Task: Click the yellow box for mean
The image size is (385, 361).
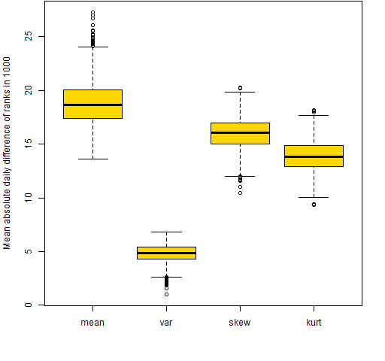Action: click(x=92, y=104)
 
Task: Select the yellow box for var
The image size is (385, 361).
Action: click(x=166, y=253)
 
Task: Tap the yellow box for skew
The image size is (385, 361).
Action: click(x=240, y=133)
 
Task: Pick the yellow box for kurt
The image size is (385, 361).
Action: click(x=314, y=156)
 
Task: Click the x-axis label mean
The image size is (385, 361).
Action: click(x=92, y=323)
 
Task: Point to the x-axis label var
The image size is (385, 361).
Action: click(x=166, y=323)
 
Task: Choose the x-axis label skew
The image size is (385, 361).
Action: click(x=240, y=323)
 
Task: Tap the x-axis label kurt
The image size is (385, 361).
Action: click(x=314, y=323)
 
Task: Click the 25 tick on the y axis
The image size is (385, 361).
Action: click(x=41, y=36)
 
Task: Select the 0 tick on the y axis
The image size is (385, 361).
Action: click(x=41, y=305)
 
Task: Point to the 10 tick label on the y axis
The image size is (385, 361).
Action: click(x=29, y=198)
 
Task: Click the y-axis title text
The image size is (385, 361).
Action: click(x=7, y=153)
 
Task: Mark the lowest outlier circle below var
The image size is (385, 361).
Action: click(x=166, y=294)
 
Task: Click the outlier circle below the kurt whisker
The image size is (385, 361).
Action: click(x=314, y=205)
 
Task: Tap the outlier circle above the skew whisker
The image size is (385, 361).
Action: click(x=240, y=88)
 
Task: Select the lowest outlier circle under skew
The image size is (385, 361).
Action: click(x=240, y=193)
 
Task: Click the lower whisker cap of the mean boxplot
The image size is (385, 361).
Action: click(x=93, y=159)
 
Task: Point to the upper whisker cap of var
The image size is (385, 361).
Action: click(x=166, y=232)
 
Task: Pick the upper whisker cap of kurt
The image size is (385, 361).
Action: click(x=314, y=115)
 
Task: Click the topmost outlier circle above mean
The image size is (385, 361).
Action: click(x=92, y=12)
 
